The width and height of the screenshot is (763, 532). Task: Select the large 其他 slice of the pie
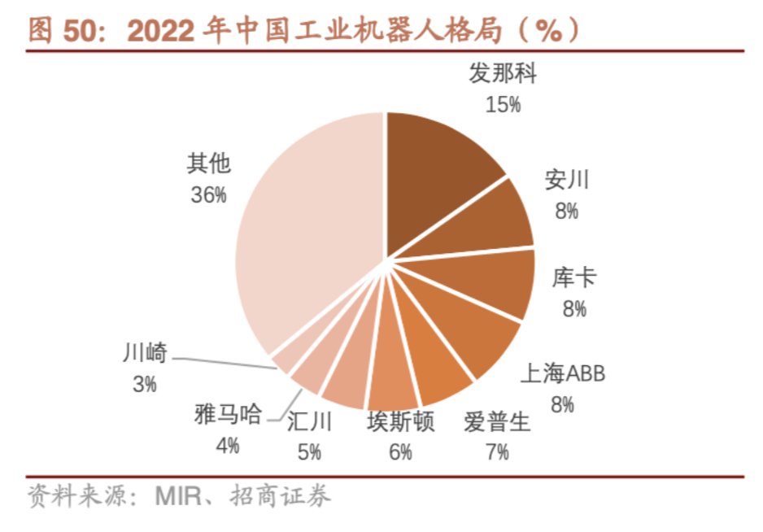[309, 236]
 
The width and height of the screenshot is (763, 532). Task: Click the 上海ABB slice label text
[563, 375]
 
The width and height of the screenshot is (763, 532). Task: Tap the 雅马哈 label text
[229, 415]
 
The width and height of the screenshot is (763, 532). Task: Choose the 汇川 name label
[309, 422]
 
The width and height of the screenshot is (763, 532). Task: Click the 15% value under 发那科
[503, 104]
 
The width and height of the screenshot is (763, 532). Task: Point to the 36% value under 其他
[209, 195]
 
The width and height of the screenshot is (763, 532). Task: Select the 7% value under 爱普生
[496, 451]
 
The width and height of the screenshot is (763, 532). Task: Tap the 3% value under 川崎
[145, 383]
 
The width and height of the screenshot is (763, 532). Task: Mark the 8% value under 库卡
[573, 309]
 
